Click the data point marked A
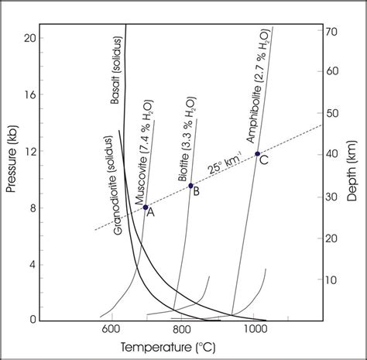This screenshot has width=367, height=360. click(x=145, y=207)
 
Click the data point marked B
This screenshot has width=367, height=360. click(x=190, y=186)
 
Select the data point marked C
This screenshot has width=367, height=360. click(x=257, y=153)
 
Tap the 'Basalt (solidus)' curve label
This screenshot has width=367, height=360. click(x=117, y=70)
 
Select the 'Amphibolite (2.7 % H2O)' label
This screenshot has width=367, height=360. click(x=259, y=85)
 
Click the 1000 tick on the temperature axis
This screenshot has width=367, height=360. click(x=255, y=330)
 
